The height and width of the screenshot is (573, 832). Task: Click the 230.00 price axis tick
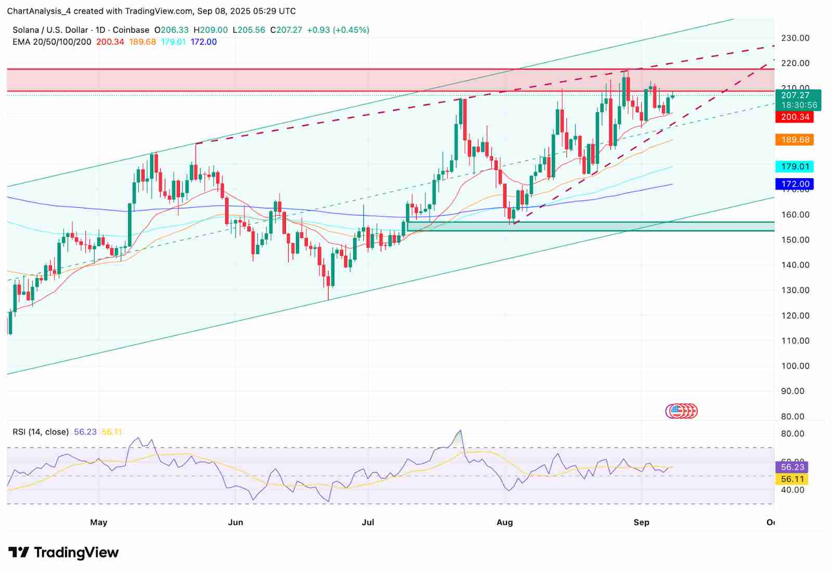[795, 38]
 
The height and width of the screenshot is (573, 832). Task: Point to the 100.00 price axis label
[795, 366]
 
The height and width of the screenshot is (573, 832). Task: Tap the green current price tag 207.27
[798, 96]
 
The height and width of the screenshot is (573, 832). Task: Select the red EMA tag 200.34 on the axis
[795, 117]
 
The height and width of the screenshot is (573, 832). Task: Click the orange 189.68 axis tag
[795, 140]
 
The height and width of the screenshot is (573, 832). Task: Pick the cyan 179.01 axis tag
[795, 167]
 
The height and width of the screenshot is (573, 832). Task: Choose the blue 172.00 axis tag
[795, 184]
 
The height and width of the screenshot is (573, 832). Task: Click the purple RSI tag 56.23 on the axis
[792, 467]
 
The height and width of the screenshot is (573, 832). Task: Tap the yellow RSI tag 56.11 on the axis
[792, 479]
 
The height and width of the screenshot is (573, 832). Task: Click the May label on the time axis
[98, 522]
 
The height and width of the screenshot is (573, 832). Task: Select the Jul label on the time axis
[368, 522]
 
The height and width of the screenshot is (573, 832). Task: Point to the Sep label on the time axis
[641, 522]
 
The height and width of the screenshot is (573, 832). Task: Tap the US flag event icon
[675, 411]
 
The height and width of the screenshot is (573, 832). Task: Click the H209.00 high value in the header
[211, 30]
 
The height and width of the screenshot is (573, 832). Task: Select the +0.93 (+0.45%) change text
[338, 30]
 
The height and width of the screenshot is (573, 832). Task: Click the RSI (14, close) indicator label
[41, 432]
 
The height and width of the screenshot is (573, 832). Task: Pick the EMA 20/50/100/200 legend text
[52, 42]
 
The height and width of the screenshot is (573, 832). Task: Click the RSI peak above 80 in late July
[460, 431]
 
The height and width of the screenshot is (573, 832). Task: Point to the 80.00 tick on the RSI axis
[792, 434]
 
